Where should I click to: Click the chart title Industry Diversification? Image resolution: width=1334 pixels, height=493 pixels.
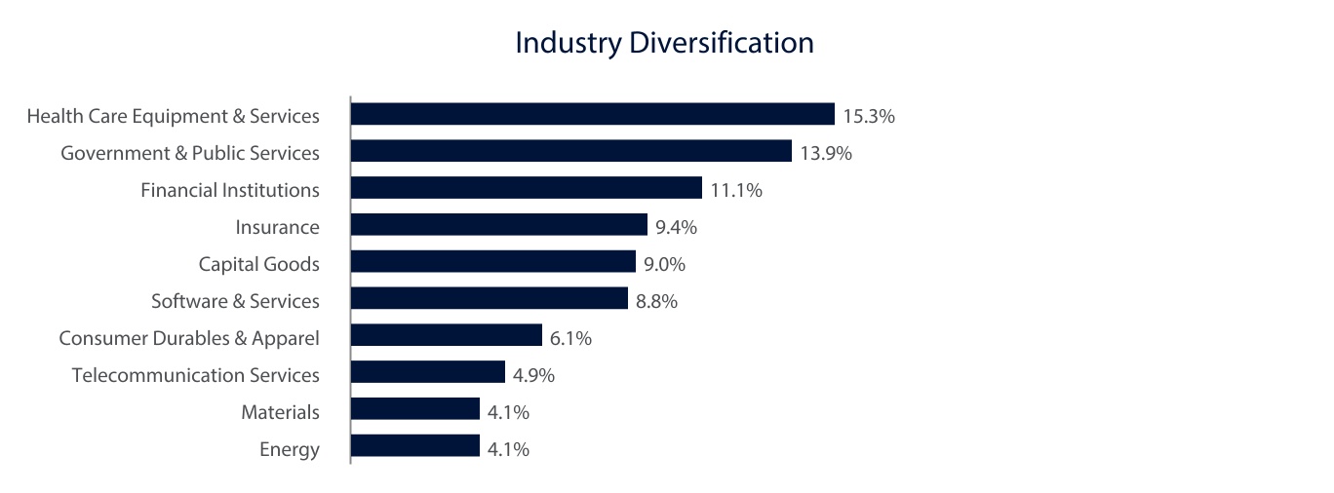[x=664, y=44]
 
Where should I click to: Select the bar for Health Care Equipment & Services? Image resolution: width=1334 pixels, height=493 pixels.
[x=592, y=115]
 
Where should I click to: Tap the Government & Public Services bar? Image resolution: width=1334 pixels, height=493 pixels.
[x=570, y=151]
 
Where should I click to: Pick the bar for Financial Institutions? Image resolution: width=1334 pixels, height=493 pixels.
[x=526, y=188]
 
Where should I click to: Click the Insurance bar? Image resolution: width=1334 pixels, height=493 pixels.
[x=498, y=225]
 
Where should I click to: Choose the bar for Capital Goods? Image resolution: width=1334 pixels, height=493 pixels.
[x=492, y=262]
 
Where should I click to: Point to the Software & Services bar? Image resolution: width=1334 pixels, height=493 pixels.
[x=489, y=299]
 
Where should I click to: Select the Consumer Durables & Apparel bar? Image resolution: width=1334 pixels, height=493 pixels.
[x=446, y=336]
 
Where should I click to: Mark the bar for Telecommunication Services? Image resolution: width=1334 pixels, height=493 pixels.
[x=427, y=373]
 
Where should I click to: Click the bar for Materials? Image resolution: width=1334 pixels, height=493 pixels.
[x=414, y=410]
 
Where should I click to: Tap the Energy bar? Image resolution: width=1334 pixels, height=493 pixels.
[x=414, y=446]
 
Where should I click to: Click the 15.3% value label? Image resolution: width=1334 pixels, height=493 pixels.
[x=869, y=117]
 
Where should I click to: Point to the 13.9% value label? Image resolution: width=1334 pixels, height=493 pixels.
[x=826, y=153]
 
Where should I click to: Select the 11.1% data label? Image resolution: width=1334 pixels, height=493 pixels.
[x=736, y=191]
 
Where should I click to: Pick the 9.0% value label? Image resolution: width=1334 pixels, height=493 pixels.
[x=665, y=264]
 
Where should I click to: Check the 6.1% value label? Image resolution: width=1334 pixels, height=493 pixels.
[x=571, y=338]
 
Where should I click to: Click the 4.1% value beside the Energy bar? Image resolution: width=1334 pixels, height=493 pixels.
[x=509, y=449]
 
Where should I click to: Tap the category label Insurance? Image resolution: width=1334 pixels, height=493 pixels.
[x=277, y=227]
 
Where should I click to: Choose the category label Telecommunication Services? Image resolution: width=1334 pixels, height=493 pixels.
[x=195, y=375]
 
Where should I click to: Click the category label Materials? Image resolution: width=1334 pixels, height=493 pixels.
[x=280, y=412]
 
